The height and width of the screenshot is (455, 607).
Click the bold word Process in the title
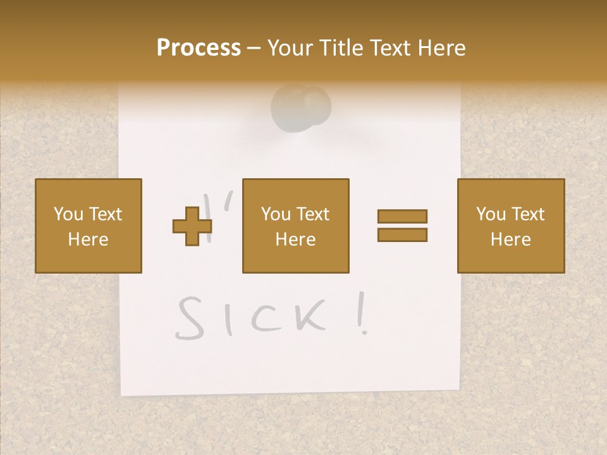[x=199, y=48]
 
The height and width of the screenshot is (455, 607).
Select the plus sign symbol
[x=192, y=226]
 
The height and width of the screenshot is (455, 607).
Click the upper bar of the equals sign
[x=402, y=217]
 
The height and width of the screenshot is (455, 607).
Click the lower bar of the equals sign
[x=402, y=234]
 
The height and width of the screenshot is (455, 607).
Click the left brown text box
[x=89, y=226]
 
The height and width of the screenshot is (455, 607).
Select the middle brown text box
[x=295, y=226]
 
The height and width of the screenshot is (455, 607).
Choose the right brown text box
[x=510, y=226]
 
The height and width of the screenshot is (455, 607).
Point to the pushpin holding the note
[x=301, y=105]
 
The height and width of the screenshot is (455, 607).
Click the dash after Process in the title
[x=254, y=49]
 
